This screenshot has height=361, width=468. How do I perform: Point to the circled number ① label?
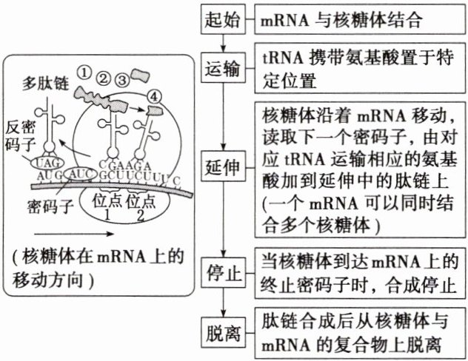click(x=86, y=71)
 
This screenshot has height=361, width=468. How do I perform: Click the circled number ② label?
click(x=104, y=75)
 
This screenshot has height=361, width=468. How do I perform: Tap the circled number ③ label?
click(x=123, y=77)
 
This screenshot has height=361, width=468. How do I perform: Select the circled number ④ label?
click(x=153, y=95)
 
